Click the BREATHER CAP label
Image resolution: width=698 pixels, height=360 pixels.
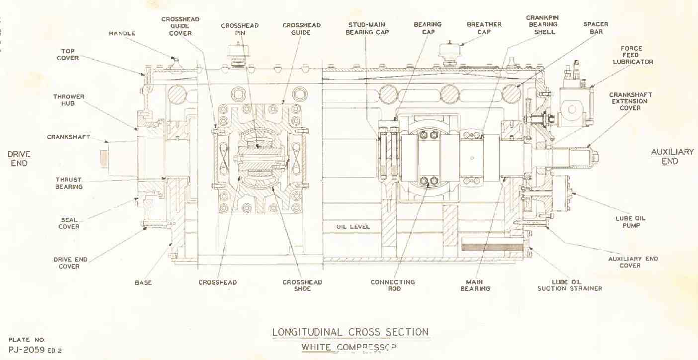pyautogui.click(x=484, y=28)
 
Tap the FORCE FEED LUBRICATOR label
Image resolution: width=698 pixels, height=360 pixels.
pyautogui.click(x=638, y=55)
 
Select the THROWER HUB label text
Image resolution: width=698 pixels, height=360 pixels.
pyautogui.click(x=69, y=100)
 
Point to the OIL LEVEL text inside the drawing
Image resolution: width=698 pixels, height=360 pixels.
pyautogui.click(x=353, y=227)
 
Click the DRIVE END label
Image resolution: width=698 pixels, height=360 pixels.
pyautogui.click(x=19, y=159)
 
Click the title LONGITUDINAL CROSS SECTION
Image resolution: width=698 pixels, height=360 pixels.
pyautogui.click(x=350, y=332)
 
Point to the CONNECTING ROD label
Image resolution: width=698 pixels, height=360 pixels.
pyautogui.click(x=393, y=285)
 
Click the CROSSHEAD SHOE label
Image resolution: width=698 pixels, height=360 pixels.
pyautogui.click(x=302, y=285)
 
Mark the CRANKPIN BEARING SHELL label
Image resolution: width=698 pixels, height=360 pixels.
pyautogui.click(x=542, y=25)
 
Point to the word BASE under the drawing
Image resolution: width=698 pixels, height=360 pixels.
pyautogui.click(x=143, y=282)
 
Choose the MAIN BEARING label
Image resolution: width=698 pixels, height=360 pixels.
pyautogui.click(x=475, y=285)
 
